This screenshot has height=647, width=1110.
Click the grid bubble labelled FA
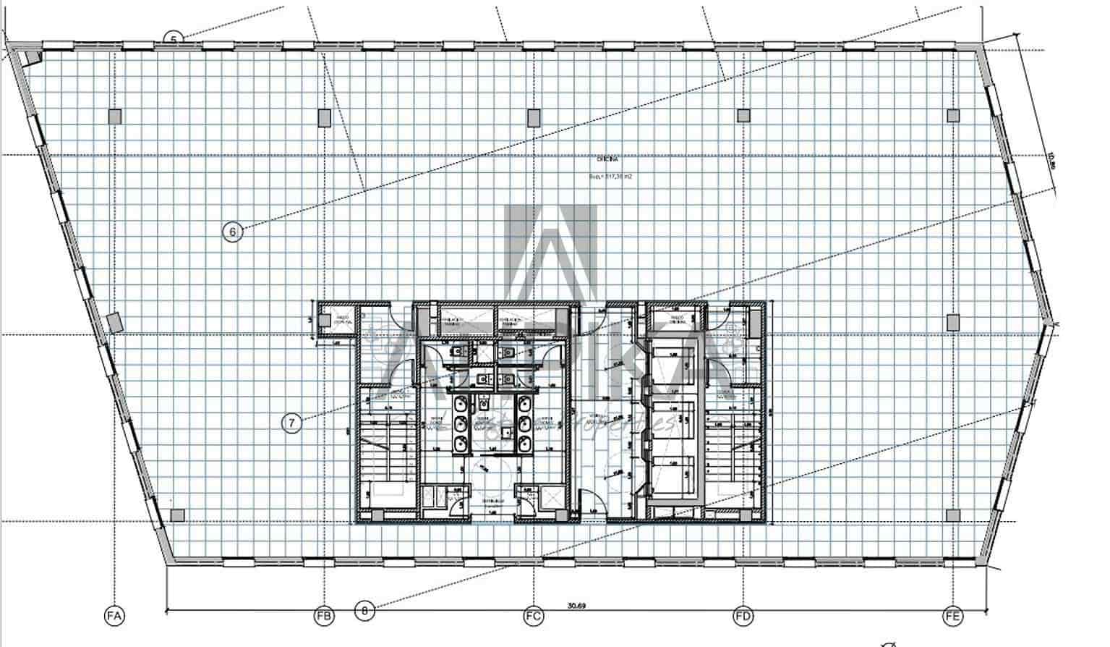(114, 617)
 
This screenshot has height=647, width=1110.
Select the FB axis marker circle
(324, 617)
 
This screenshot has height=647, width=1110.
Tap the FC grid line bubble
(534, 617)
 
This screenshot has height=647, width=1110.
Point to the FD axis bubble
(743, 617)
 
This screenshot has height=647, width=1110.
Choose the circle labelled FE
(953, 617)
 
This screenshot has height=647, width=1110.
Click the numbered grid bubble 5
(173, 39)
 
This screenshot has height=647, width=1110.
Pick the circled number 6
(232, 232)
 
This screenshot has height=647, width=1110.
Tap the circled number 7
(291, 423)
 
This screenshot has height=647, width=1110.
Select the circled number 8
(367, 611)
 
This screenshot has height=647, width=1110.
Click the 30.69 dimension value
(576, 606)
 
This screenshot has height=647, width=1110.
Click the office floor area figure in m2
(611, 176)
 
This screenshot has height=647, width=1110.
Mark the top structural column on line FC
(534, 116)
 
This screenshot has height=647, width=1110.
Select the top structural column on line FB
(324, 116)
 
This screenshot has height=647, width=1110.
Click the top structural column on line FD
(743, 115)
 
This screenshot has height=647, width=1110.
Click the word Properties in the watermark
(636, 426)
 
